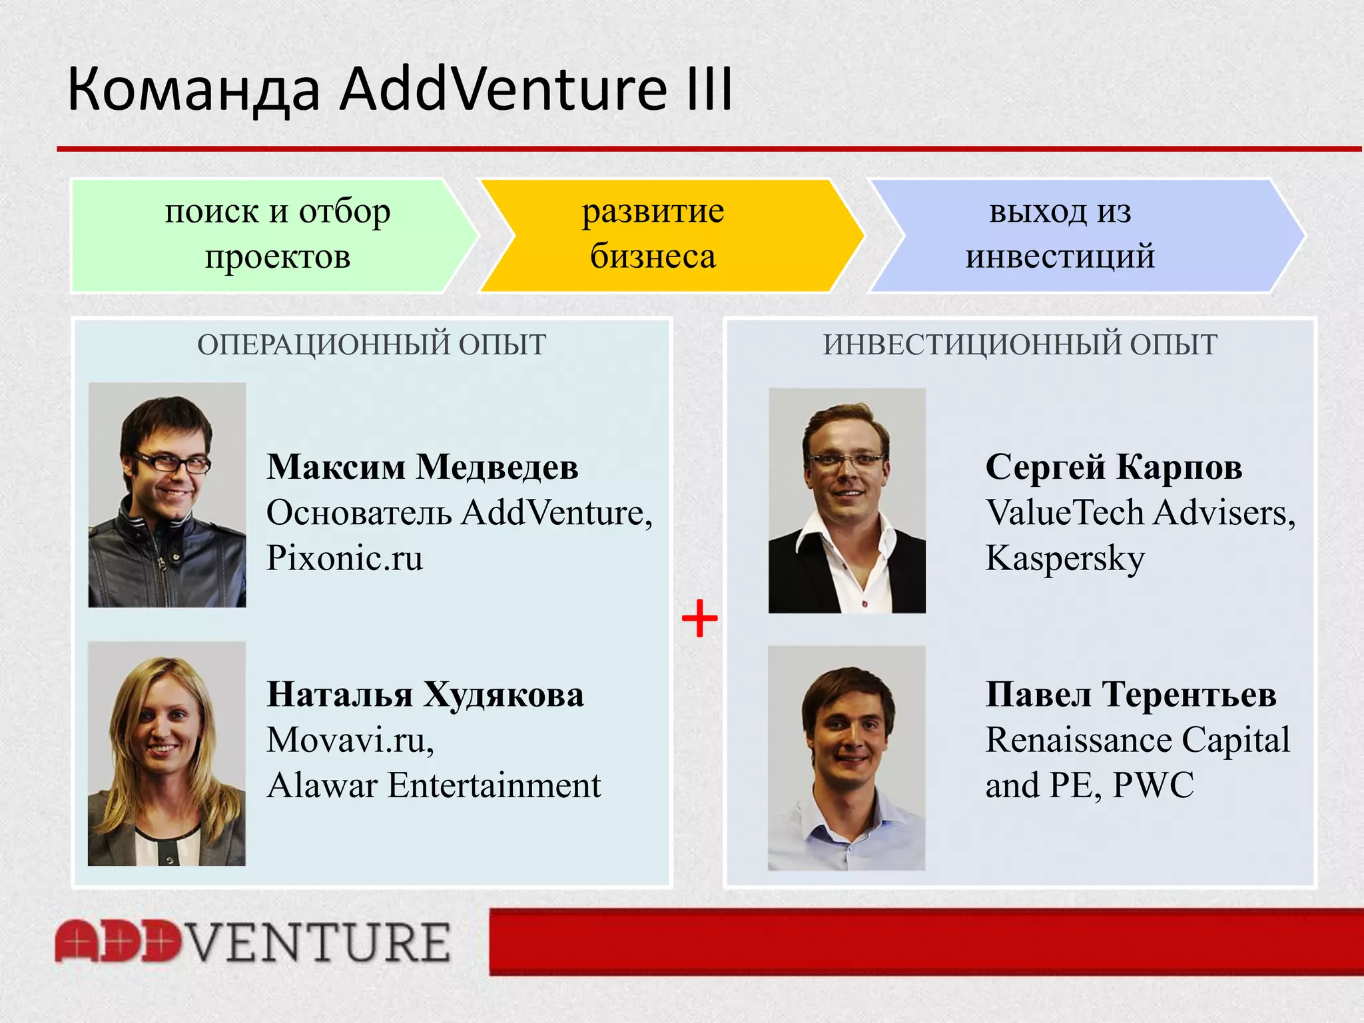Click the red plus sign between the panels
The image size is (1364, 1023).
[699, 619]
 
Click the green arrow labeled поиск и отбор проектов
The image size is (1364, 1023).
[277, 234]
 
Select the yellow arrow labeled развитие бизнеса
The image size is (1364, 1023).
[653, 234]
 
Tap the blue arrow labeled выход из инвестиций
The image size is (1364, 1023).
[1060, 234]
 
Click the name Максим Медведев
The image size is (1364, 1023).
[422, 467]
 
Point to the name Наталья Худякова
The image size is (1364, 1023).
[425, 695]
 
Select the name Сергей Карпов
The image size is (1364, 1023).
[1114, 467]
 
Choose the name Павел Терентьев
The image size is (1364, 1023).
[1130, 695]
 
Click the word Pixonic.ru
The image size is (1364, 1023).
[344, 558]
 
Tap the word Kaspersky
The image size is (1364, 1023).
[1064, 558]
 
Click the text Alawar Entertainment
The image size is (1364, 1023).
[434, 785]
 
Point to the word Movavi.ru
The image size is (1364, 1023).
[349, 740]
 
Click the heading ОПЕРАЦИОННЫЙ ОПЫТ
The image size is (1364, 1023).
[372, 345]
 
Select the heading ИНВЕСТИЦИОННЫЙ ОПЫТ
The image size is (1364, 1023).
[1020, 345]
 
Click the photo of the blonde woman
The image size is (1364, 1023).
[167, 754]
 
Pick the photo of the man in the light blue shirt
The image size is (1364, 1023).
[847, 758]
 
